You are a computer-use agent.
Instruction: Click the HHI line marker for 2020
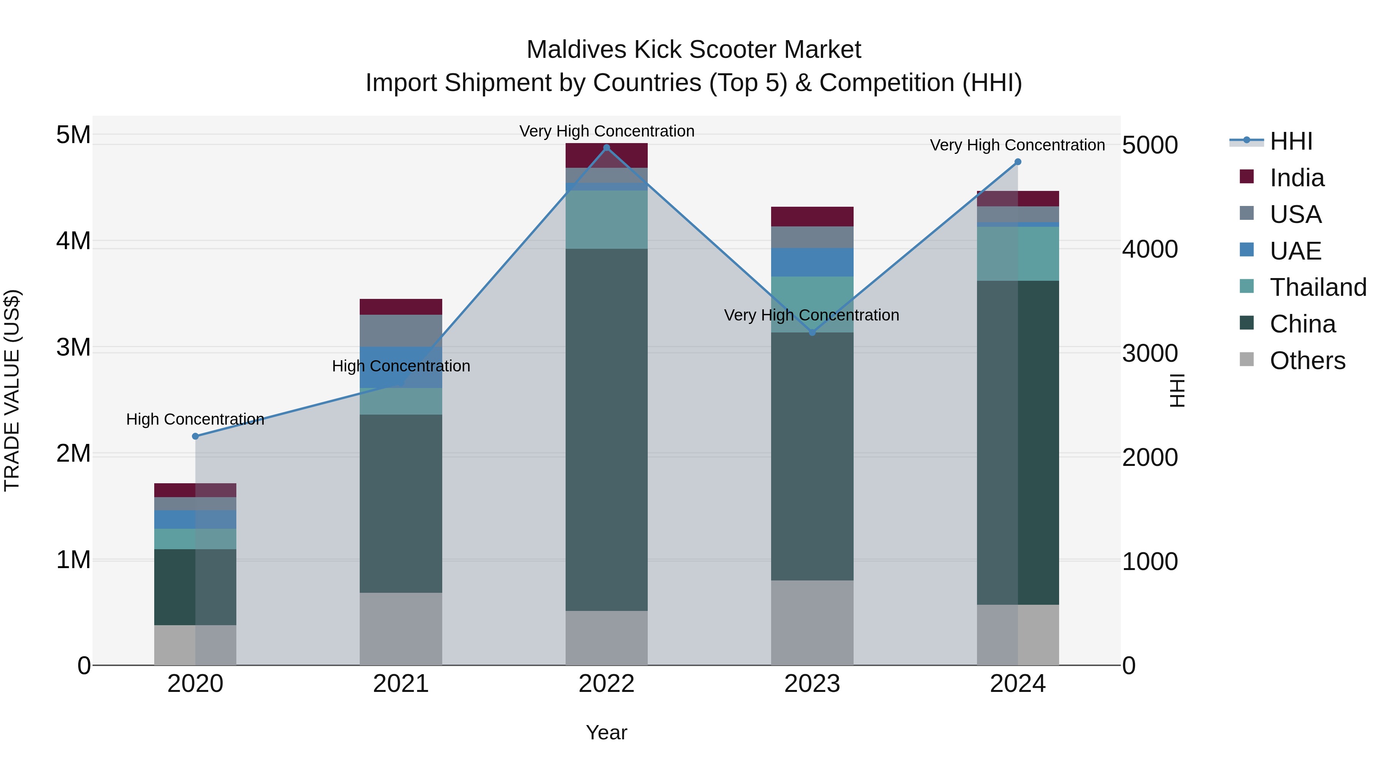[x=195, y=436]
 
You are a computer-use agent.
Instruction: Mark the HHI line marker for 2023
[x=812, y=332]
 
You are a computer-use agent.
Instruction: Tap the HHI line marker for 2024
[x=1018, y=162]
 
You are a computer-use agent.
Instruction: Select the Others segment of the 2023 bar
[x=812, y=622]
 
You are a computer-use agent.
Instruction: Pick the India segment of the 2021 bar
[x=401, y=307]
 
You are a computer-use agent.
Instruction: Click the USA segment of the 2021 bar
[x=401, y=331]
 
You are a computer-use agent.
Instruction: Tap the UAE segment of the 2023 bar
[x=812, y=263]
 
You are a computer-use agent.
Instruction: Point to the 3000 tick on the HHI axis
[x=1150, y=354]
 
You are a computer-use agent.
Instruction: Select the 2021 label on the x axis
[x=401, y=684]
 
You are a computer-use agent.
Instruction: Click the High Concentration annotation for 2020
[x=195, y=419]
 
